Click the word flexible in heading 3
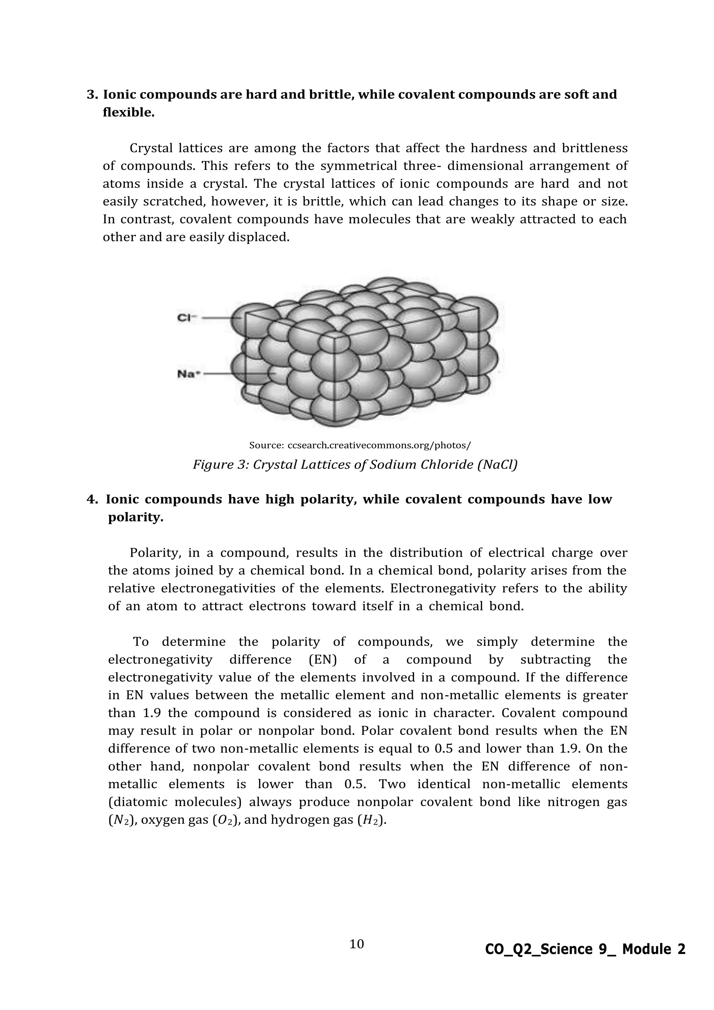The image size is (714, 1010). pyautogui.click(x=128, y=113)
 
